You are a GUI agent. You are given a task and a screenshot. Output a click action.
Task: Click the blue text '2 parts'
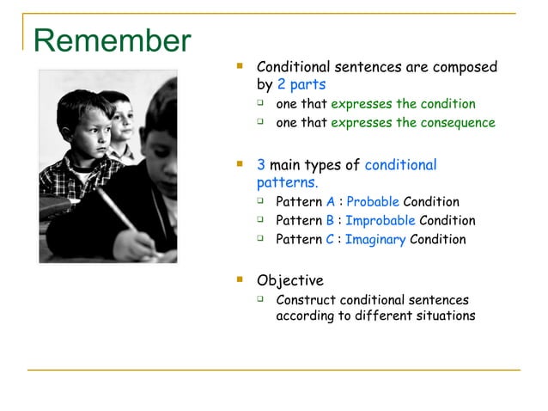(301, 85)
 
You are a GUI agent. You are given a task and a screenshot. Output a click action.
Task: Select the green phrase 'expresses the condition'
(403, 104)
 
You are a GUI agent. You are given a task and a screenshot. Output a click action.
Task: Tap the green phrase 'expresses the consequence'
(412, 123)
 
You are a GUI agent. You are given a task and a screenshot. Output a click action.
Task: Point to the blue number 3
(261, 165)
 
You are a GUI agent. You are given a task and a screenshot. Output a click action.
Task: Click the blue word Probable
(372, 202)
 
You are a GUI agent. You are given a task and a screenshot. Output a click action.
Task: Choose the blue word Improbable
(380, 221)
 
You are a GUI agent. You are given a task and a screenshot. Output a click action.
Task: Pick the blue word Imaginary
(375, 240)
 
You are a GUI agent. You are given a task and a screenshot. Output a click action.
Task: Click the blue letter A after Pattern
(331, 202)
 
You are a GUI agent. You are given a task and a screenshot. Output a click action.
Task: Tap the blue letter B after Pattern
(331, 221)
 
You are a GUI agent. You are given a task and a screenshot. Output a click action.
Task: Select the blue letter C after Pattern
(331, 240)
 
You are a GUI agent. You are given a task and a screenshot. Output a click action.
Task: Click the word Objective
(290, 281)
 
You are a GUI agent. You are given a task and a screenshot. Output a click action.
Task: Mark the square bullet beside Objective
(241, 280)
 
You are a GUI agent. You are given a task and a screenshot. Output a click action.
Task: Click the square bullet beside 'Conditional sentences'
(241, 66)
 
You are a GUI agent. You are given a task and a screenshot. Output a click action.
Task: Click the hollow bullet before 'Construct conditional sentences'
(260, 299)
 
